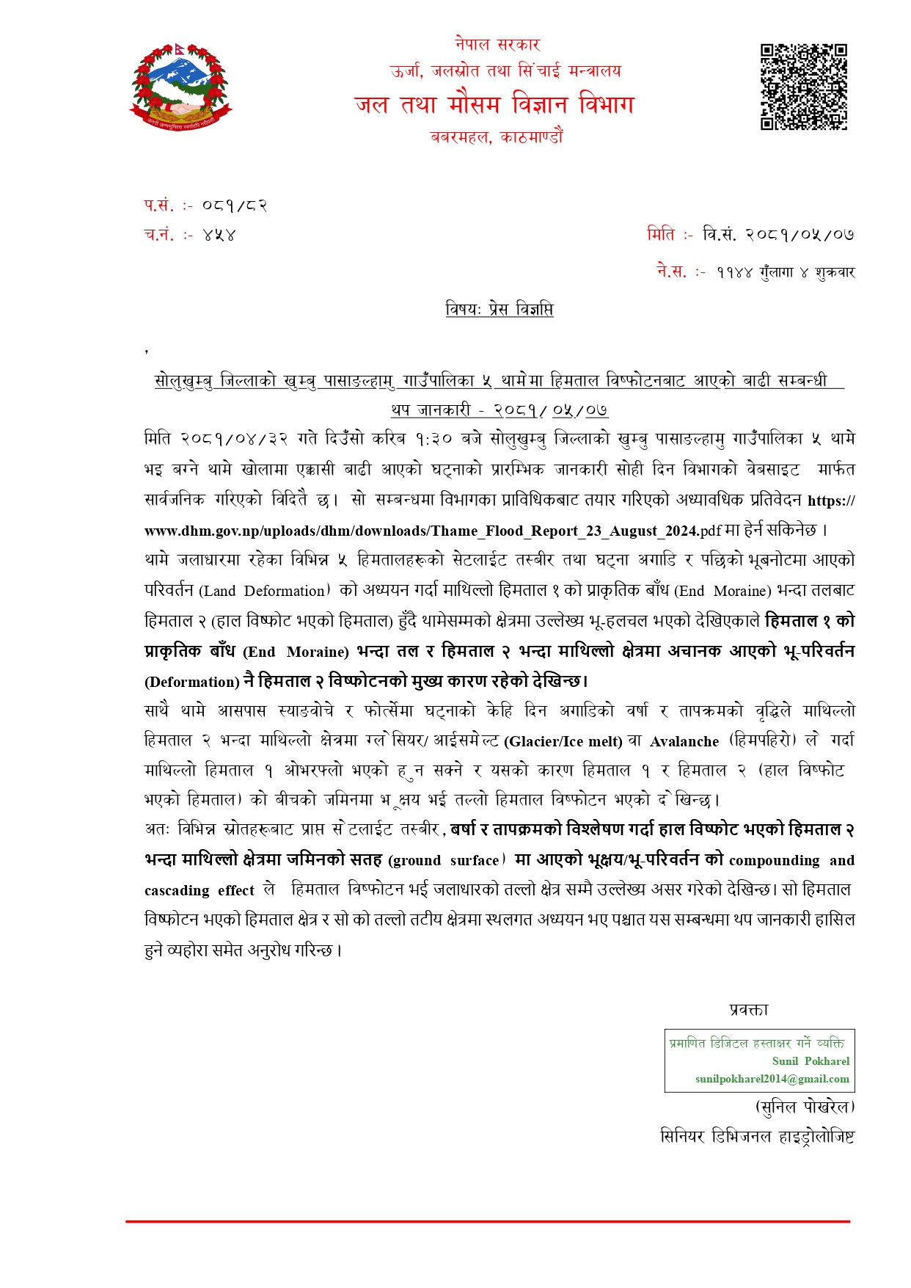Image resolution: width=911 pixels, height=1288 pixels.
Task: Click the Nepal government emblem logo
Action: [x=180, y=87]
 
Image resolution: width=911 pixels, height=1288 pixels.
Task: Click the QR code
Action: [x=803, y=87]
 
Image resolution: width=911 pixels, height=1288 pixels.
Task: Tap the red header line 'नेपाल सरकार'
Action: [x=497, y=45]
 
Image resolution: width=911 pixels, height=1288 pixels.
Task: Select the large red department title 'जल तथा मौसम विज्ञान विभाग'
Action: [x=494, y=104]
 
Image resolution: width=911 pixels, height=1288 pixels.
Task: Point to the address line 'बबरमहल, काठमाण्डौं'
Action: [x=497, y=137]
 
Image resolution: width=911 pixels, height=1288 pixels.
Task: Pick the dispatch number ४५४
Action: [x=219, y=236]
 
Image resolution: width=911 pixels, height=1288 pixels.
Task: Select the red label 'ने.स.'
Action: [x=672, y=272]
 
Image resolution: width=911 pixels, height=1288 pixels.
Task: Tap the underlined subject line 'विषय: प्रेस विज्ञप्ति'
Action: [x=499, y=309]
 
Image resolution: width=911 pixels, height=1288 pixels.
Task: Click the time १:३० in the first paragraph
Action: [x=433, y=439]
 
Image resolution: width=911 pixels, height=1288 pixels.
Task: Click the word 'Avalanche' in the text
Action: [x=684, y=741]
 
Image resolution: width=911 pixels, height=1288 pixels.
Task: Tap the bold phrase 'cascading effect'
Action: [x=200, y=890]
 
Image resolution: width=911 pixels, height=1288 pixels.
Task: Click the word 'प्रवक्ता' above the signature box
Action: [x=749, y=1010]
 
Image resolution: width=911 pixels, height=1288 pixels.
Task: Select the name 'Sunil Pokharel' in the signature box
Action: [x=811, y=1061]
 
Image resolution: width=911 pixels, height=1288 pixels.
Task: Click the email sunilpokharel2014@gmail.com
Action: [x=772, y=1079]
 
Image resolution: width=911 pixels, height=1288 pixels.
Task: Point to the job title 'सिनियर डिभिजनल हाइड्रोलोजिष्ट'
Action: [x=757, y=1137]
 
